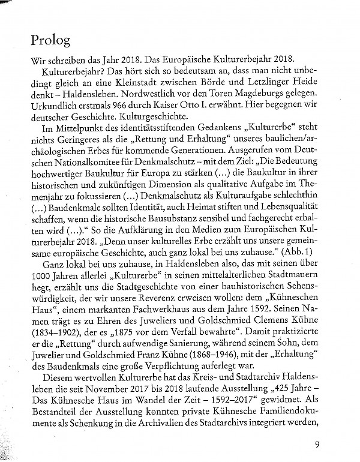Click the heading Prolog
51,40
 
